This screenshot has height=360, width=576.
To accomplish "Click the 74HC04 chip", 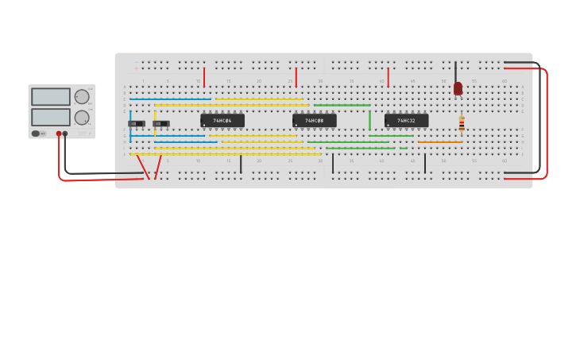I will [x=222, y=121].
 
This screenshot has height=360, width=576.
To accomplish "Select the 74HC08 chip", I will [x=314, y=121].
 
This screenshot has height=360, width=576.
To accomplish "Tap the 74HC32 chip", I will [x=406, y=121].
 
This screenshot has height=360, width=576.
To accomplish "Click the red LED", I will [x=458, y=88].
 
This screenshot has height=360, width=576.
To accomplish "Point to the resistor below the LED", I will [x=462, y=123].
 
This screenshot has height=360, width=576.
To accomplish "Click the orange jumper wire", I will [x=440, y=142].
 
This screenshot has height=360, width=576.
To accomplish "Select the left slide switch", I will [x=137, y=124].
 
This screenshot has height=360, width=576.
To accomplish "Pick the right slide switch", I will [x=160, y=124].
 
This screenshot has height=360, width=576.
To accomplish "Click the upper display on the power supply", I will [x=51, y=97].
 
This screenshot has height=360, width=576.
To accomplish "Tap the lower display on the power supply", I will [x=51, y=117].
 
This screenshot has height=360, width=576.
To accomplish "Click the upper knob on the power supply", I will [x=82, y=97].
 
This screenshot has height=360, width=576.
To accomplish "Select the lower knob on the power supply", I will [x=82, y=118].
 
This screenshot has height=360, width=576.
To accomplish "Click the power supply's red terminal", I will [x=59, y=134].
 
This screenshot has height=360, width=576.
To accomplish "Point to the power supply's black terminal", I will [x=65, y=134].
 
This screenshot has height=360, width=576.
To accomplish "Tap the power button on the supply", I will [x=36, y=134].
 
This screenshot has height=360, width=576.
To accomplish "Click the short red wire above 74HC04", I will [x=204, y=77].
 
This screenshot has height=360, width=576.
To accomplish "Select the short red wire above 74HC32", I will [x=388, y=77].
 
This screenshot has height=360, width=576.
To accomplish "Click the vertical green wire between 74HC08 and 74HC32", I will [x=369, y=120].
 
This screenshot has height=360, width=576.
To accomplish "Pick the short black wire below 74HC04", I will [x=241, y=164].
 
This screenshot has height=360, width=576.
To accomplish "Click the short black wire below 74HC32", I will [x=425, y=164].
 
